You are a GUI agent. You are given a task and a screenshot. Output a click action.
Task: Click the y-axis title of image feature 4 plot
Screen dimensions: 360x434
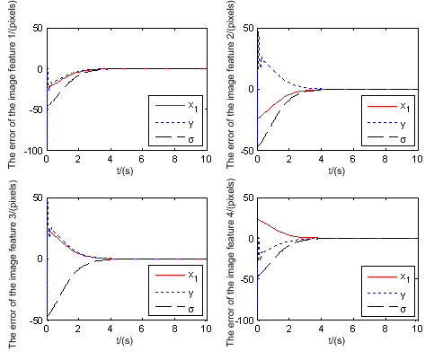(x=231, y=261)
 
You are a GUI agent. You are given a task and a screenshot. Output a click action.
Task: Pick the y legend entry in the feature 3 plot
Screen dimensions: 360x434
(x=190, y=291)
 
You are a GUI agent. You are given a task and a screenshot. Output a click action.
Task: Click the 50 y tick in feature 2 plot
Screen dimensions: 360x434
(x=246, y=28)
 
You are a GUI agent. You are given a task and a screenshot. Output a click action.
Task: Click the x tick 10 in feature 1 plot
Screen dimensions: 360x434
(x=206, y=160)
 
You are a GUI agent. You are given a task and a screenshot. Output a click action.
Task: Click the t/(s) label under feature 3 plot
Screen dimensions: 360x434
(x=126, y=341)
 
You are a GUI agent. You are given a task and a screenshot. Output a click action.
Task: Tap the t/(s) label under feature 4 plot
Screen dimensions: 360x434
(x=338, y=341)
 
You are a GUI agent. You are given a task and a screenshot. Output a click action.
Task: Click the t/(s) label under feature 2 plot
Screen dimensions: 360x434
(x=338, y=170)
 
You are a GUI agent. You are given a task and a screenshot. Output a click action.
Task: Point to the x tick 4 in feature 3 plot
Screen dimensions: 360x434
(x=110, y=329)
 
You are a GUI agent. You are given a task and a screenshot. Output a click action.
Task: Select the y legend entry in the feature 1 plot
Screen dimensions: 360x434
(x=190, y=122)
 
